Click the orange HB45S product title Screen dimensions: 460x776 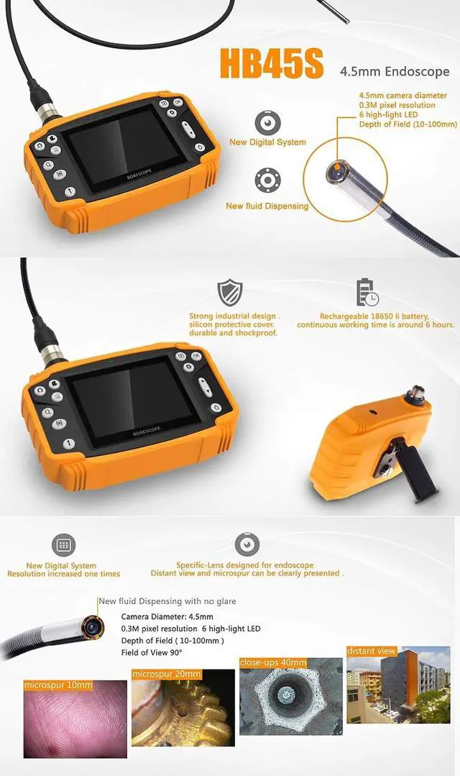click(x=272, y=63)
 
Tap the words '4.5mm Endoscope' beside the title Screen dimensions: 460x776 click(x=395, y=71)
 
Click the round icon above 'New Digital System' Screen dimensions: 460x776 click(x=267, y=123)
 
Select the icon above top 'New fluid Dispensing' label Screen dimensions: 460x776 click(x=267, y=180)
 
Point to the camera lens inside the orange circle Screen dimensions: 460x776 click(x=336, y=171)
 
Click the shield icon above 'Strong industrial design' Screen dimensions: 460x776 click(x=231, y=293)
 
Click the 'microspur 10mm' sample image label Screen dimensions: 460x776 click(x=58, y=685)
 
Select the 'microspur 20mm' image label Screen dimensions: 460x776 click(x=167, y=674)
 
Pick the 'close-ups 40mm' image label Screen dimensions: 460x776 click(x=273, y=662)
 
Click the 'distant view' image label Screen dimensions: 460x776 click(x=372, y=651)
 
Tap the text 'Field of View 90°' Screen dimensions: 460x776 click(x=152, y=652)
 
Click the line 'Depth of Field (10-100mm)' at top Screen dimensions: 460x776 click(x=408, y=124)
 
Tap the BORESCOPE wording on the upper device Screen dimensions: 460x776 click(x=139, y=174)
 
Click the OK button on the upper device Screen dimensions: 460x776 click(x=178, y=102)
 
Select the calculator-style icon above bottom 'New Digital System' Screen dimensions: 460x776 click(x=63, y=545)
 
